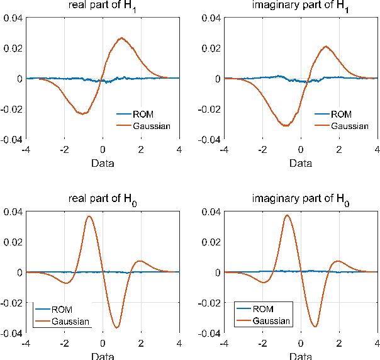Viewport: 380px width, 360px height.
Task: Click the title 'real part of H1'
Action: (103, 6)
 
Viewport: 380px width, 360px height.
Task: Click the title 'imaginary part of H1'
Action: (301, 6)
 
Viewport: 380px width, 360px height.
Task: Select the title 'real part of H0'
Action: (103, 200)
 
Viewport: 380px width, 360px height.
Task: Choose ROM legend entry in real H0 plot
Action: (63, 309)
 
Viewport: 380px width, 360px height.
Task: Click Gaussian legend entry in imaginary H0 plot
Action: (271, 320)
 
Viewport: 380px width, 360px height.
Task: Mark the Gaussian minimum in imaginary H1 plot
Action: (286, 126)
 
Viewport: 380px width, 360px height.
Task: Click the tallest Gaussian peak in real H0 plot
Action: (89, 217)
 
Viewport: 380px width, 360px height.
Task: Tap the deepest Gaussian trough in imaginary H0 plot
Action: (315, 326)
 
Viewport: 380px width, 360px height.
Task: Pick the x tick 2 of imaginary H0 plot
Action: (339, 344)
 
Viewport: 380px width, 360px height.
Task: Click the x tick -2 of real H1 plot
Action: (64, 150)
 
